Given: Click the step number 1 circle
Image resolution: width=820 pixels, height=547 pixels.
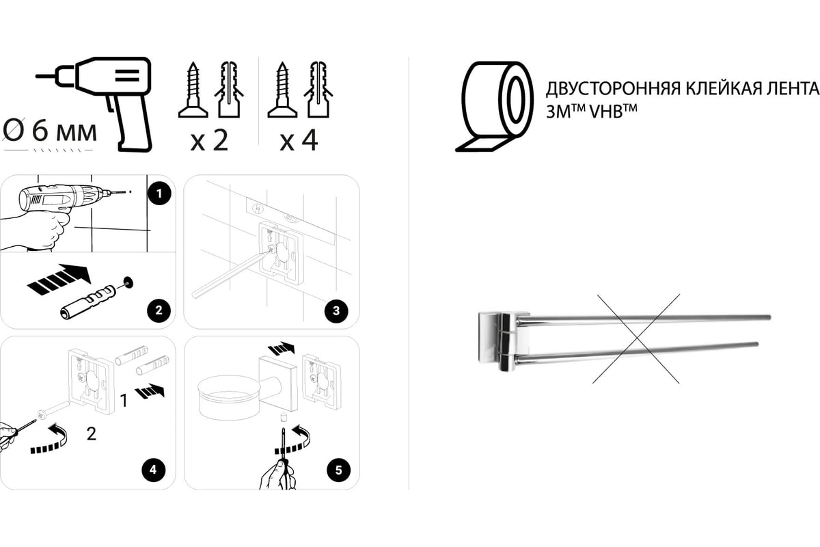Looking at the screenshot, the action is pyautogui.click(x=159, y=193).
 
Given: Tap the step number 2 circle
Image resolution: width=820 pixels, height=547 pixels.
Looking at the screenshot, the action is pyautogui.click(x=159, y=310).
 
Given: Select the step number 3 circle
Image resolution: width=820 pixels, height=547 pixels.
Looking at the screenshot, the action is pyautogui.click(x=336, y=310).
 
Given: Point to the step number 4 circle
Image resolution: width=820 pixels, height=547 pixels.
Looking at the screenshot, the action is pyautogui.click(x=153, y=470).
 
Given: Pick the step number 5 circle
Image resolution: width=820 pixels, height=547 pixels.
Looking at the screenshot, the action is pyautogui.click(x=338, y=470).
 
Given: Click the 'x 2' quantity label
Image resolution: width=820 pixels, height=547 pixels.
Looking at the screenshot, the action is pyautogui.click(x=209, y=141).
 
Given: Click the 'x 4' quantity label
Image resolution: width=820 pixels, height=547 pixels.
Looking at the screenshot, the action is pyautogui.click(x=299, y=141).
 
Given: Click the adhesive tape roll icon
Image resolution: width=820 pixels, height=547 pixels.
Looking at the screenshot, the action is pyautogui.click(x=494, y=106).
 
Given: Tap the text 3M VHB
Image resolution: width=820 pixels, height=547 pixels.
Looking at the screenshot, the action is pyautogui.click(x=591, y=111).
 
